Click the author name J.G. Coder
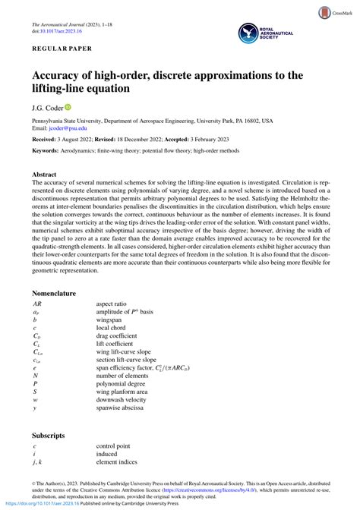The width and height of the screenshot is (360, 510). point(46,108)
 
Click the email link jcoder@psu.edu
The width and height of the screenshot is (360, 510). point(66,129)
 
